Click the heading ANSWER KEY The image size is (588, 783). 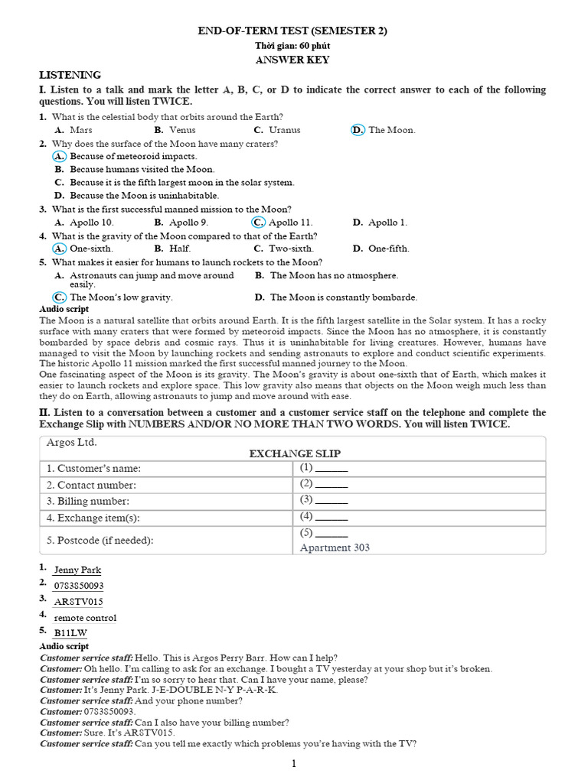(x=293, y=60)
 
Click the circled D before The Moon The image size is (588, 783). (x=358, y=130)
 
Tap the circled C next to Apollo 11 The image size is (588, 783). (x=258, y=223)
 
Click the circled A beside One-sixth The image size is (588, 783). (x=59, y=249)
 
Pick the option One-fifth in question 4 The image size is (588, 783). (x=388, y=249)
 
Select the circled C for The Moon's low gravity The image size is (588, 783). (x=59, y=297)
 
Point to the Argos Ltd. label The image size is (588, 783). (x=72, y=443)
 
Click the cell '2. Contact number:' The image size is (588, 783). (x=91, y=485)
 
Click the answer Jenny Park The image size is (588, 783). (x=77, y=570)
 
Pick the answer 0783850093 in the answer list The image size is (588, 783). (x=79, y=586)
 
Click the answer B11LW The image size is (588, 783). (x=70, y=633)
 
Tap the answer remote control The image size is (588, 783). (x=85, y=618)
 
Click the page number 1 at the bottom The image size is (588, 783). (x=293, y=763)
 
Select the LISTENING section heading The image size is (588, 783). (x=70, y=75)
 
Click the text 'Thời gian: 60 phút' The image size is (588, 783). (x=293, y=46)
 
